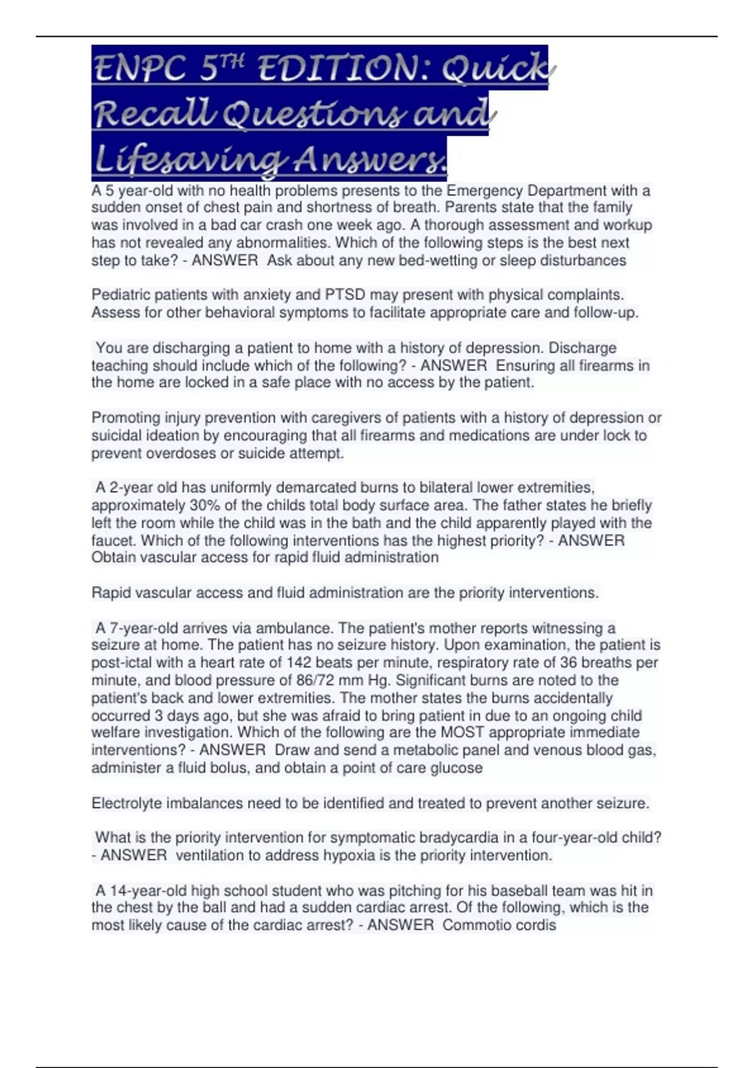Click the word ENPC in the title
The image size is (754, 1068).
point(139,68)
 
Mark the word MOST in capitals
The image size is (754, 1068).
point(462,732)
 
